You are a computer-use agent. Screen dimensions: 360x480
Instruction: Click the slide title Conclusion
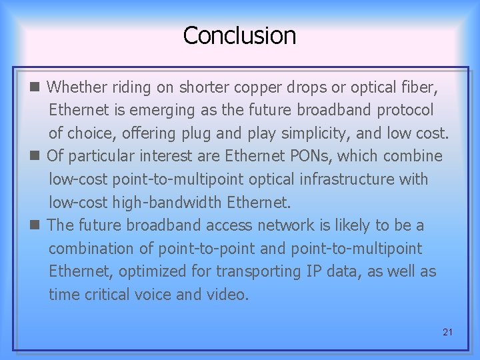pos(239,35)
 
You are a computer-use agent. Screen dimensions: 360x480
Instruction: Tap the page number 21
pos(447,332)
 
